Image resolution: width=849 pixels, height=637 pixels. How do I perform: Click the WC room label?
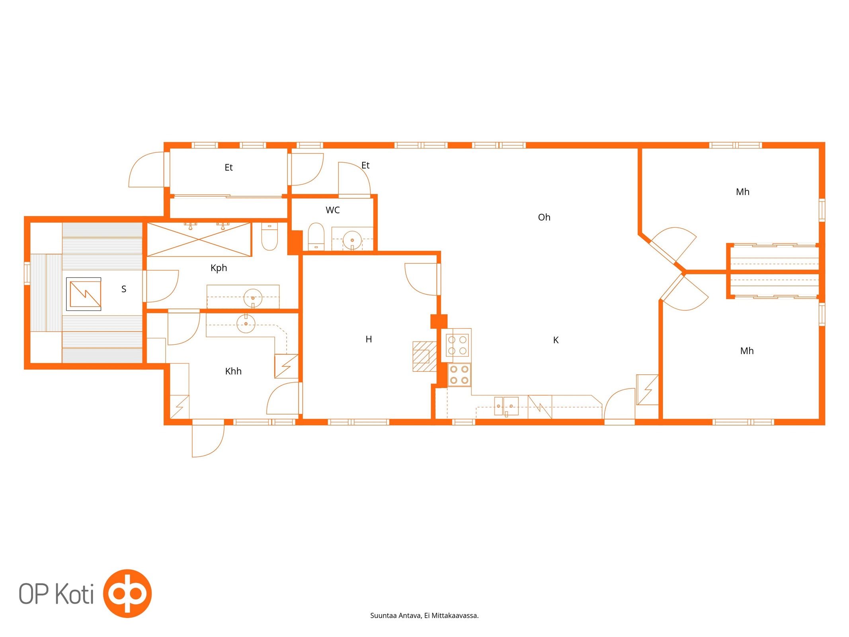pos(332,210)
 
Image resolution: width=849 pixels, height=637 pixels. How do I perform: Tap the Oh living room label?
pos(544,217)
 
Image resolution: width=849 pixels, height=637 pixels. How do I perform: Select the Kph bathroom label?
pos(219,268)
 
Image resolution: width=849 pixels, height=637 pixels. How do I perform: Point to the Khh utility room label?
pos(233,371)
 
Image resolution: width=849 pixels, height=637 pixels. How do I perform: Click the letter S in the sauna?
pos(124,289)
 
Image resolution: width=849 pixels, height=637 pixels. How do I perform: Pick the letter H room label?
pos(369,339)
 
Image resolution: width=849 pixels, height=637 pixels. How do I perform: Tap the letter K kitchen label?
pos(556,340)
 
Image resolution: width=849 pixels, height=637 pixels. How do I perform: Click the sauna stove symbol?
pos(84,294)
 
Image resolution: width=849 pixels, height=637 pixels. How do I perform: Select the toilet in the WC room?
pos(316,236)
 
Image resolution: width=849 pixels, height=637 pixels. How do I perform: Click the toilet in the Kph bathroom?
pos(269,236)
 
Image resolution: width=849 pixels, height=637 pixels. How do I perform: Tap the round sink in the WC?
pos(352,240)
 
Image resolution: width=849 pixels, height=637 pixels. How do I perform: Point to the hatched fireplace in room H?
pos(425,356)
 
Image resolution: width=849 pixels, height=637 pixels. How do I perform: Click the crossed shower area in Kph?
pos(199,239)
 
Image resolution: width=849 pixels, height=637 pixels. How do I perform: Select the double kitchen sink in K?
pos(506,406)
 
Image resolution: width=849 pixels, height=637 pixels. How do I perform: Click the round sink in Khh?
pos(246,324)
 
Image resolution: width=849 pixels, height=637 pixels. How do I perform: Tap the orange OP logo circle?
pos(127,593)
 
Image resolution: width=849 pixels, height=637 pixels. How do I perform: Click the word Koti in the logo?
pos(74,594)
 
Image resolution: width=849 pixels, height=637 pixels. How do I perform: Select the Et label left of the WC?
pos(228,168)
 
